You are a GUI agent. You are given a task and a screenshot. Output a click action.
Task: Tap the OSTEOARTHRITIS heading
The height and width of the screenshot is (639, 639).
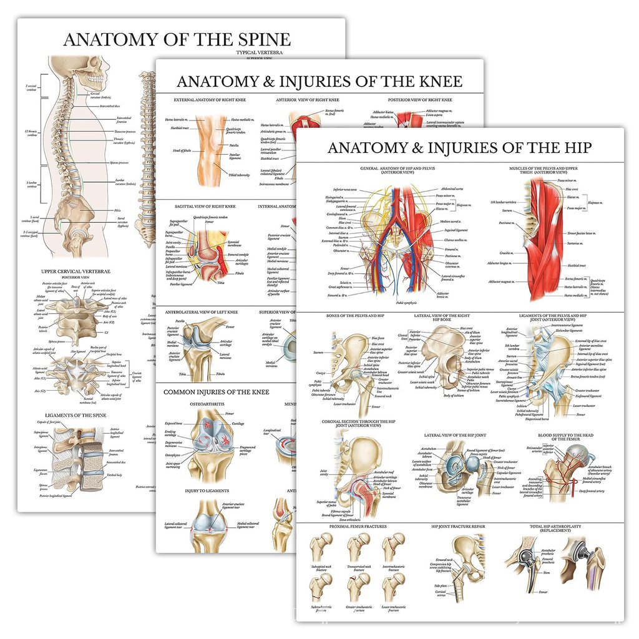(212, 402)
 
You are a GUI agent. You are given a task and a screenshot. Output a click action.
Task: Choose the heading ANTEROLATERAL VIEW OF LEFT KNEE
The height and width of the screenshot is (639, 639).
(201, 311)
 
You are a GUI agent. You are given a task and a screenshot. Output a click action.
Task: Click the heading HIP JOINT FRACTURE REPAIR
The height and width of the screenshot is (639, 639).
(458, 527)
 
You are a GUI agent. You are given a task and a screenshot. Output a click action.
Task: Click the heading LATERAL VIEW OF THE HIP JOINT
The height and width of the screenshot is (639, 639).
(456, 434)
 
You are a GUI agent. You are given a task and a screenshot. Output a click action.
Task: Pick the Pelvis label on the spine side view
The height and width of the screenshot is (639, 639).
(117, 210)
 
